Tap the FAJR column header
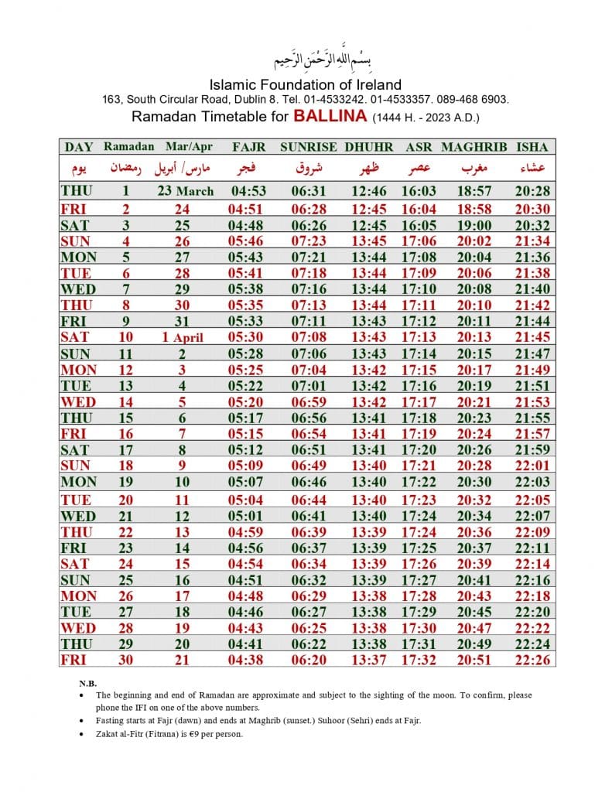248,146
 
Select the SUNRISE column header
308,146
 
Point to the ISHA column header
532,146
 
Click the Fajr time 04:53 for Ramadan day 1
248,191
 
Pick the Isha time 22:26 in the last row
532,660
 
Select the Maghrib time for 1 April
474,337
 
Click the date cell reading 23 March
186,191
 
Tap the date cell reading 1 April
186,337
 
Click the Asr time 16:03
419,191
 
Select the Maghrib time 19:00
474,225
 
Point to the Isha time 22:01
532,466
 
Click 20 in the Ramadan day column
125,500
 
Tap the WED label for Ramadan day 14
78,402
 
